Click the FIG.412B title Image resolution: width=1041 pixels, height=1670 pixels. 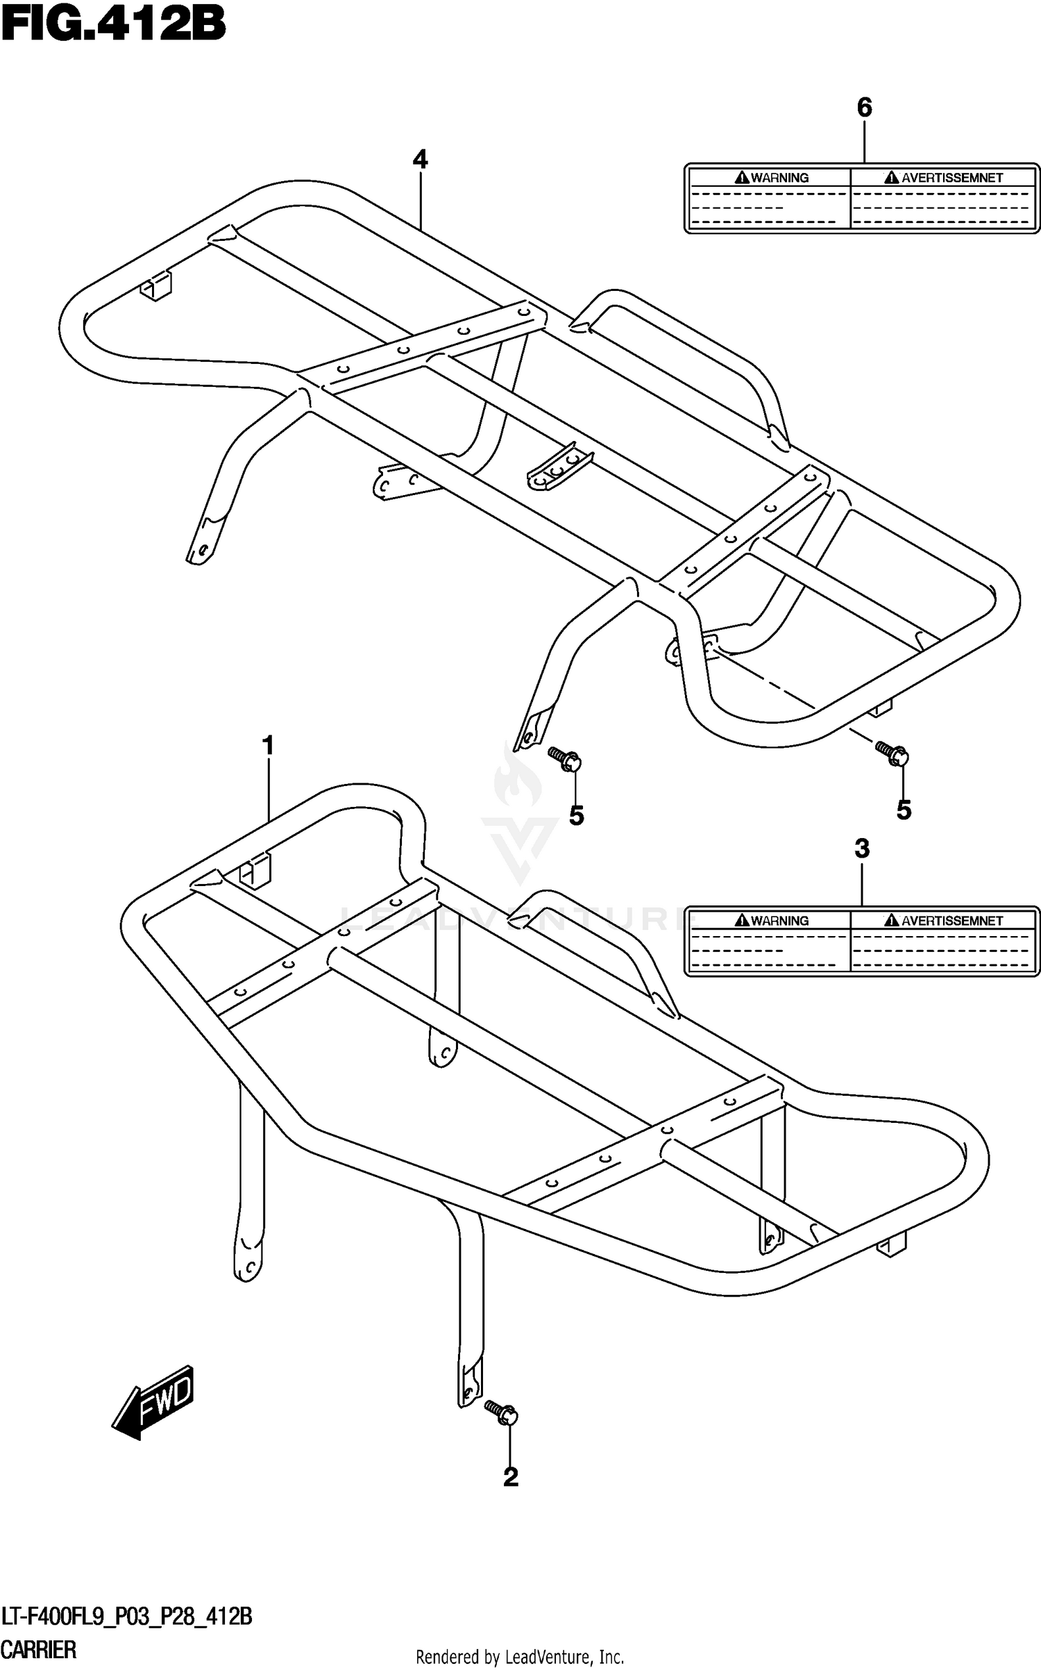(113, 26)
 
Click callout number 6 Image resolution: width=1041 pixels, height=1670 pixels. (864, 108)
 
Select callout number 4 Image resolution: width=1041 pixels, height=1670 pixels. (420, 160)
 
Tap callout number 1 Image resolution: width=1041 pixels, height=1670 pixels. (268, 746)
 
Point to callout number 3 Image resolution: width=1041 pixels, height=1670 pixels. (862, 849)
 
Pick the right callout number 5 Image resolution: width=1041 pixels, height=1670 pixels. (903, 810)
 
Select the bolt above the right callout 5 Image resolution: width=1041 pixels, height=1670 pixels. (892, 752)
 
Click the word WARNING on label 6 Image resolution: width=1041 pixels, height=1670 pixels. (779, 178)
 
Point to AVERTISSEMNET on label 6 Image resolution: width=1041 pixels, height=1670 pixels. (951, 178)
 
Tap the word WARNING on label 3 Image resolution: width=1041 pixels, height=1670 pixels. (779, 921)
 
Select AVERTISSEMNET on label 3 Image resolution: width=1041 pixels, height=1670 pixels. (951, 921)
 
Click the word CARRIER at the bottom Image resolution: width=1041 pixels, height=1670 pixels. (39, 1648)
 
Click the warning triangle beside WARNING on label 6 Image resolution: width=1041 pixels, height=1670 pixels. (742, 178)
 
